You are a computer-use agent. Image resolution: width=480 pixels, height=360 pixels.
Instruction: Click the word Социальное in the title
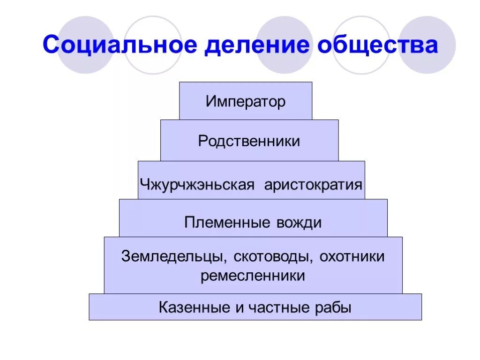pos(119,45)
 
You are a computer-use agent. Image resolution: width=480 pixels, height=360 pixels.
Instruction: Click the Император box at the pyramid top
pos(245,101)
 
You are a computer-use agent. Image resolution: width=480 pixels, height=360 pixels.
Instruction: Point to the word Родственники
pos(249,141)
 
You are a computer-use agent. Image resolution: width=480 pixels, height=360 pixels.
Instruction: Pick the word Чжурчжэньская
pos(197,184)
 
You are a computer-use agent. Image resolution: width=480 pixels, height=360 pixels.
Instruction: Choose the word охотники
pos(355,256)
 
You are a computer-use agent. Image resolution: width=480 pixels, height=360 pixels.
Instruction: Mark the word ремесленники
pos(253,276)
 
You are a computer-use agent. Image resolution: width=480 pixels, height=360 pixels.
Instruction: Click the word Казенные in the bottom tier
pos(192,308)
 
